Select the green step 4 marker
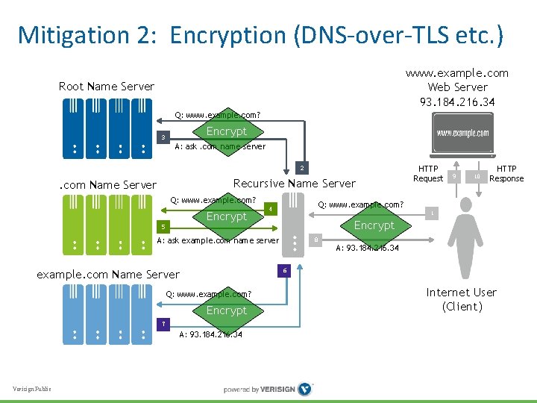(x=272, y=208)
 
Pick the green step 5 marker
(x=163, y=225)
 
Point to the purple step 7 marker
(x=163, y=323)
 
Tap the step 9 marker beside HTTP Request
(x=454, y=176)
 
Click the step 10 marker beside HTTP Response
(x=477, y=176)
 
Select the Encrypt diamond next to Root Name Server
(x=226, y=131)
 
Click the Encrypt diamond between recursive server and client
(x=374, y=225)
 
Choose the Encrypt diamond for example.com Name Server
(x=226, y=310)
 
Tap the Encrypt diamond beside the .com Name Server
(x=226, y=216)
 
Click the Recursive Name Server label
(x=294, y=184)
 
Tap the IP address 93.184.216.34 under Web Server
(x=457, y=101)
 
